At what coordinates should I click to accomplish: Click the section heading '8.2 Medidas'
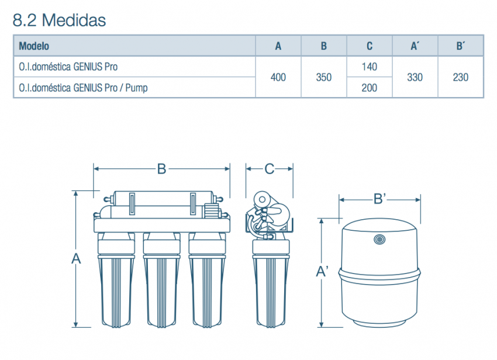click(59, 20)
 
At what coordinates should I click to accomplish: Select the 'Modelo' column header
click(34, 46)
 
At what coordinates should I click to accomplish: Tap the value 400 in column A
click(278, 77)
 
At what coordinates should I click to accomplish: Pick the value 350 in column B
click(323, 77)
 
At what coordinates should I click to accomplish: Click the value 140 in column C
click(370, 67)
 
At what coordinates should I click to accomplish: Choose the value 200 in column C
click(370, 88)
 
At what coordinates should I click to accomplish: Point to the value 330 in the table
click(415, 77)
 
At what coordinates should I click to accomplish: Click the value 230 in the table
click(461, 77)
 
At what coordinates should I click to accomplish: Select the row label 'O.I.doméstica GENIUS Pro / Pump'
click(84, 88)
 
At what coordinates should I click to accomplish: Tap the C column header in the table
click(370, 46)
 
